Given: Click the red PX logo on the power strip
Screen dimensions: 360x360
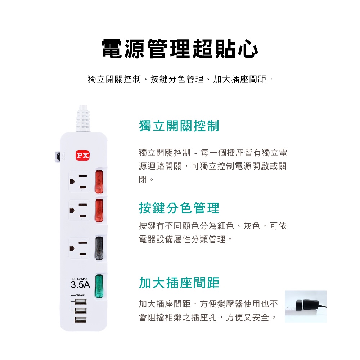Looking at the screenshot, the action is pos(82,156).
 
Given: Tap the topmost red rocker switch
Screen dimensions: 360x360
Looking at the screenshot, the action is pos(99,181).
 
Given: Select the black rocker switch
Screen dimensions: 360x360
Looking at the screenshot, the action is pos(99,248).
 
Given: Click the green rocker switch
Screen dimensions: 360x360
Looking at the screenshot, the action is pos(99,286).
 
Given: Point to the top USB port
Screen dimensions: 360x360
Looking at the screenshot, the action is pos(81,301).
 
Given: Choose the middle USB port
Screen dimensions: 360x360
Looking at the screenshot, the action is pos(81,311).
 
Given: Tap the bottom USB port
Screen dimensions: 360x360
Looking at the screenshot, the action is pos(81,320).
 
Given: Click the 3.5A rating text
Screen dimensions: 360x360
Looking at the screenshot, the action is pos(80,285).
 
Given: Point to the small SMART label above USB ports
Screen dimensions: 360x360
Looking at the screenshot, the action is pos(81,295).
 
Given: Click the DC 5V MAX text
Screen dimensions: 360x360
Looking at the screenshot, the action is pos(80,279).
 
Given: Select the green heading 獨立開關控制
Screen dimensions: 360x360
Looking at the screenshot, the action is pos(179,126).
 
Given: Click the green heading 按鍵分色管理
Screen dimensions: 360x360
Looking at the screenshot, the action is pos(179,208).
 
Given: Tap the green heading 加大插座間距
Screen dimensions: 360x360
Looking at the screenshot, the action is pos(179,283).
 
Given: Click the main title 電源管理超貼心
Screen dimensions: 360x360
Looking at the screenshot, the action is pos(180,49).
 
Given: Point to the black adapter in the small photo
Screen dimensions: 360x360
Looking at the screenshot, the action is pos(308,305).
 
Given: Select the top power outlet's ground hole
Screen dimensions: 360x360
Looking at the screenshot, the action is pos(72,181).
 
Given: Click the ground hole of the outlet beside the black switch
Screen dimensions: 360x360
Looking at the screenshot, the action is pos(72,248).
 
